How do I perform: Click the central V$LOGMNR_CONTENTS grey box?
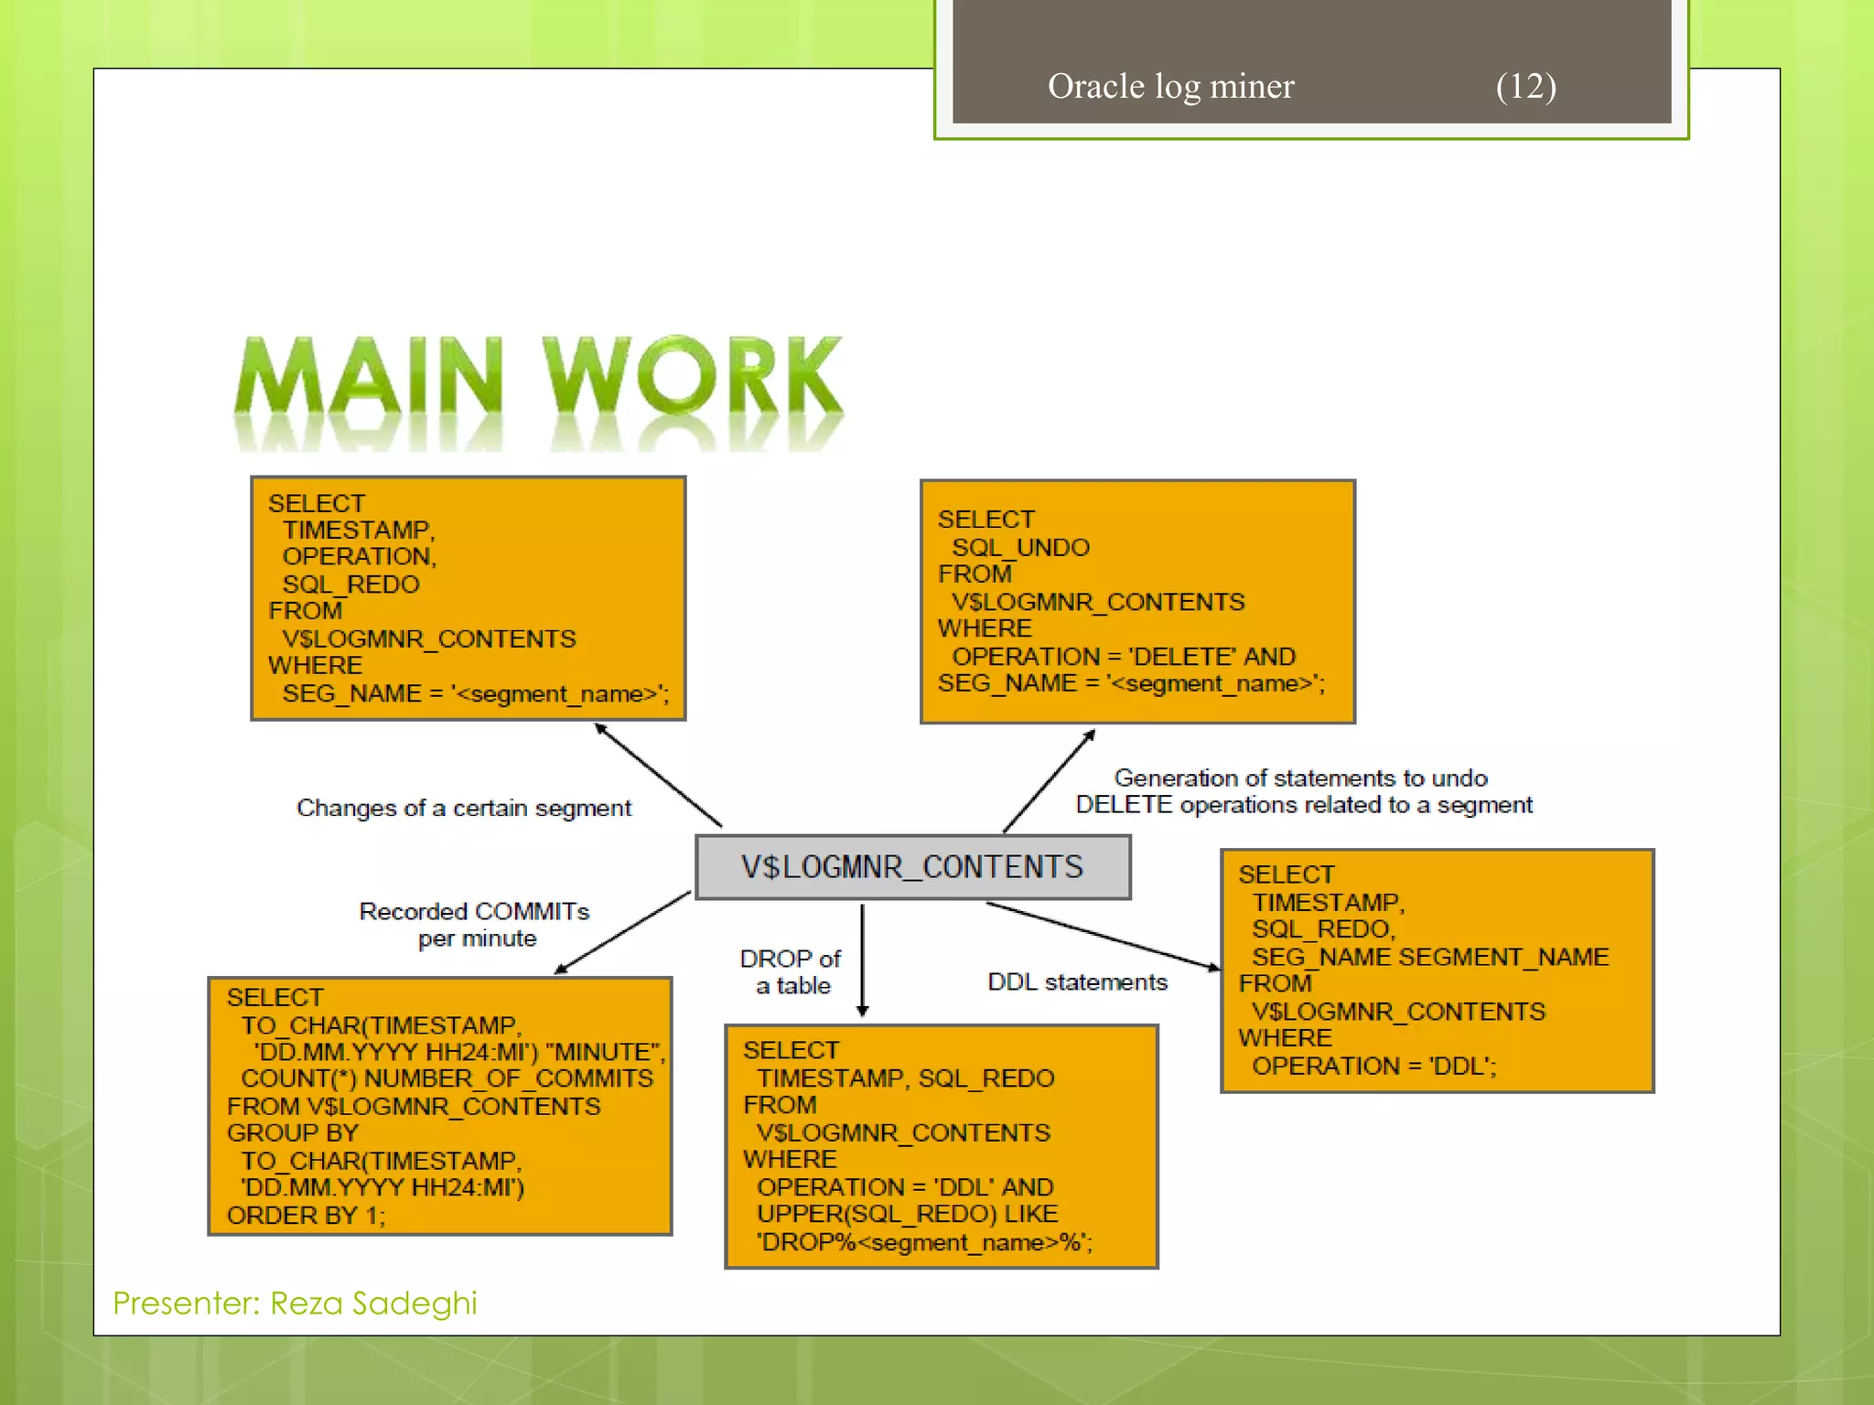point(912,866)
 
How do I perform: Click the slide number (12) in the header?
point(1525,86)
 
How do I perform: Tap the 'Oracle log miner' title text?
point(1170,86)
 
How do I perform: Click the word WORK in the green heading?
point(693,376)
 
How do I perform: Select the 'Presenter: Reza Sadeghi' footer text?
point(295,1303)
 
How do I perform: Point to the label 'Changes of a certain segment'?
point(464,808)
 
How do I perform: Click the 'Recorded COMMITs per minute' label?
point(474,924)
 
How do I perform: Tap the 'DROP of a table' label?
point(792,971)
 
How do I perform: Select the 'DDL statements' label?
point(1077,981)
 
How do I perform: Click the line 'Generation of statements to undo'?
point(1300,778)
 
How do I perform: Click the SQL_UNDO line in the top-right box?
point(1020,547)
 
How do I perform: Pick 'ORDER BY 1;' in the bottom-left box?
point(306,1215)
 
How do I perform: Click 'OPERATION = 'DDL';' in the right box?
point(1373,1066)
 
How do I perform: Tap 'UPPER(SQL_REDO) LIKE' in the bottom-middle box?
point(907,1213)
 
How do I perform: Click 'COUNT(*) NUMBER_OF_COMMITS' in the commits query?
point(447,1078)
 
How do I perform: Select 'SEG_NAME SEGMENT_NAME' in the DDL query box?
point(1429,957)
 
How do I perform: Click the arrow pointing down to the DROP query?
point(862,960)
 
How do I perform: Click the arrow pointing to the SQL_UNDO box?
point(1049,780)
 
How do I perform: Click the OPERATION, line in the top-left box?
point(360,556)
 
